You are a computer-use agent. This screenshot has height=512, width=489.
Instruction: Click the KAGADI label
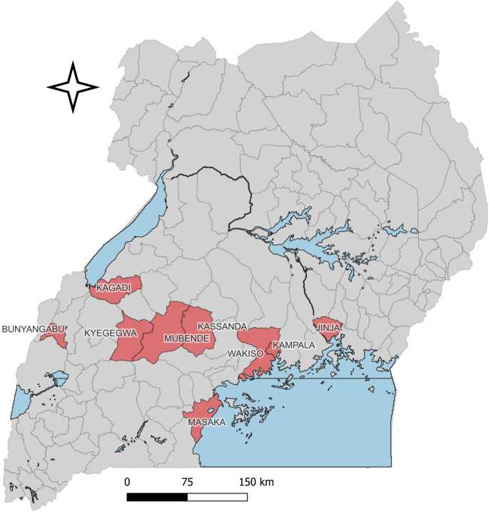(x=114, y=287)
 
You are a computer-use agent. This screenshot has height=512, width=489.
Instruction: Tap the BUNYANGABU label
(x=34, y=329)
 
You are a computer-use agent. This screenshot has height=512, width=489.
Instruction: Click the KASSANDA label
(x=221, y=326)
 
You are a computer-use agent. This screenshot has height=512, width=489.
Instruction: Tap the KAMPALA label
(x=293, y=345)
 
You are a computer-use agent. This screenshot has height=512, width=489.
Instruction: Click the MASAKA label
(x=206, y=423)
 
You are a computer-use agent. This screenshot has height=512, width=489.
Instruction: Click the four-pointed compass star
(x=72, y=87)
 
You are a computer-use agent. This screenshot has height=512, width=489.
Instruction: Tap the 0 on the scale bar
(x=127, y=481)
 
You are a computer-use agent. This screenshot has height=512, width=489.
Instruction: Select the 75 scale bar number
(x=187, y=481)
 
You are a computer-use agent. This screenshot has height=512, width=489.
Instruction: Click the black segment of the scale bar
(x=157, y=496)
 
